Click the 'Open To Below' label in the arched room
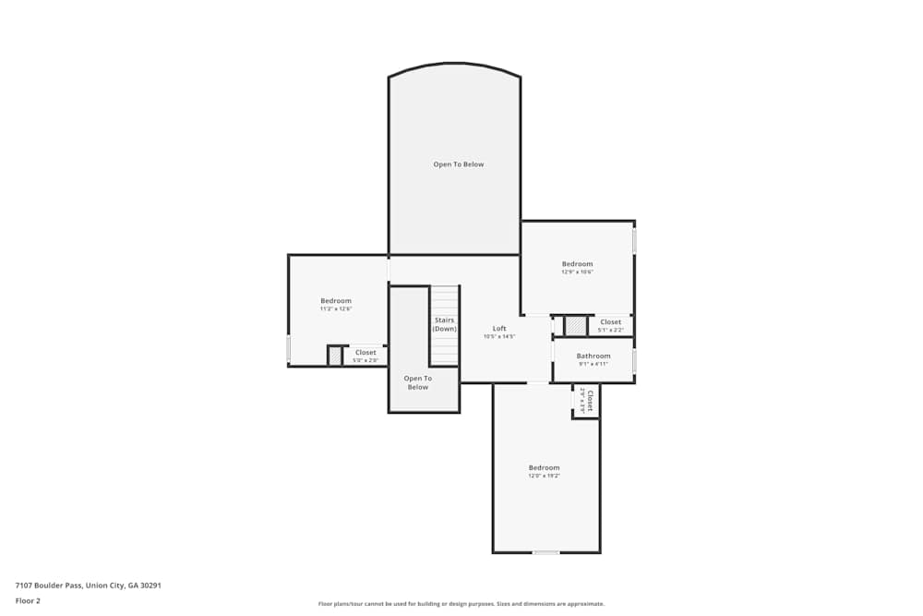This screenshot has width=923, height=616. point(459,164)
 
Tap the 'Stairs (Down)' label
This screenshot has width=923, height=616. point(445,324)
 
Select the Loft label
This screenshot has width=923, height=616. point(499,329)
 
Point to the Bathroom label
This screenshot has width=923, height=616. point(593,356)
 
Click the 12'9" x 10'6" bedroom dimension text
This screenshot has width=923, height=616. point(577,272)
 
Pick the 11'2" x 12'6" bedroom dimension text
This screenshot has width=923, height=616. point(336,309)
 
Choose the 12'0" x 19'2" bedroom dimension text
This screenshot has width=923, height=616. point(544,476)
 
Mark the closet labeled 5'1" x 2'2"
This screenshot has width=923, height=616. point(610,325)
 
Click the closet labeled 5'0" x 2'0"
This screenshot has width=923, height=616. point(366,356)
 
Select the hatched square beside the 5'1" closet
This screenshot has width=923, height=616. point(576,326)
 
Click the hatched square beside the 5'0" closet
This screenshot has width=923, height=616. point(335,356)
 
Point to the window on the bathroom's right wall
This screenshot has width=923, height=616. point(634,360)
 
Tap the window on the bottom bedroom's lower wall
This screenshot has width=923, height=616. point(545,552)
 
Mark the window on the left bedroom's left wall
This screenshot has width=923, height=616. point(289,348)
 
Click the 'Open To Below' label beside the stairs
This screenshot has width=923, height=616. point(418,382)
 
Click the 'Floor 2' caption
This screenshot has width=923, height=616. point(28,600)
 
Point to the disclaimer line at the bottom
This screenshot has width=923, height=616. point(461,604)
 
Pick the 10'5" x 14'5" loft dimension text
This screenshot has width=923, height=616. point(499,337)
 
